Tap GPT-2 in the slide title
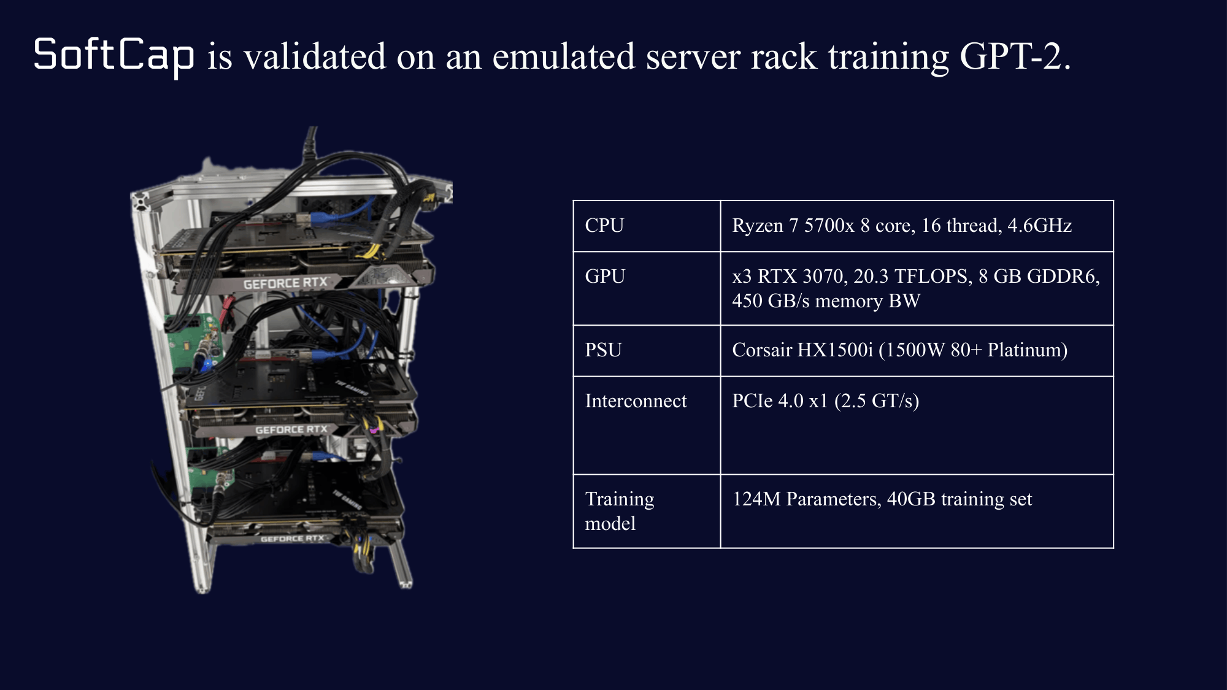(1015, 56)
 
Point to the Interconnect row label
(636, 401)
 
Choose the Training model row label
(620, 511)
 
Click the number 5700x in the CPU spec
(829, 225)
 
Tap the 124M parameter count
(756, 499)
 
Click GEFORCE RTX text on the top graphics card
(285, 283)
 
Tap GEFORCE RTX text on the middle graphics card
(291, 430)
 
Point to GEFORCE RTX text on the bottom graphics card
(292, 539)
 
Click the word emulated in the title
(564, 56)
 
